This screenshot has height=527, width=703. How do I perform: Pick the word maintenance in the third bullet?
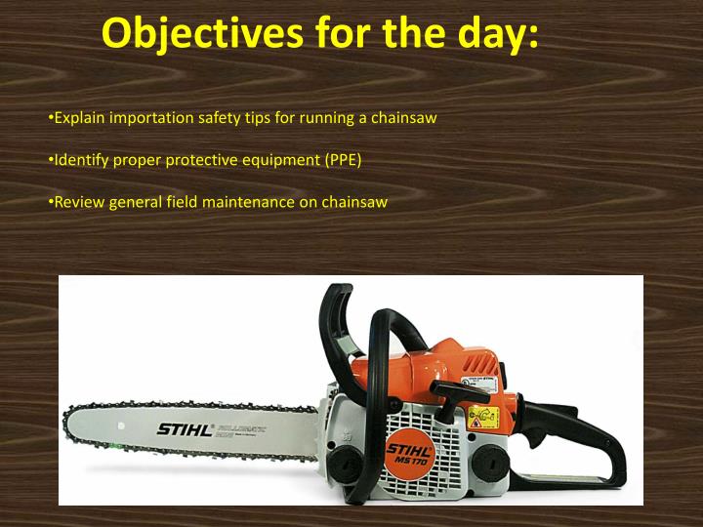coord(247,202)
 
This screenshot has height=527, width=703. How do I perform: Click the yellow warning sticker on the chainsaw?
coord(483,419)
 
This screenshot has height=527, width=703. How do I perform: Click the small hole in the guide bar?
coord(120,426)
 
